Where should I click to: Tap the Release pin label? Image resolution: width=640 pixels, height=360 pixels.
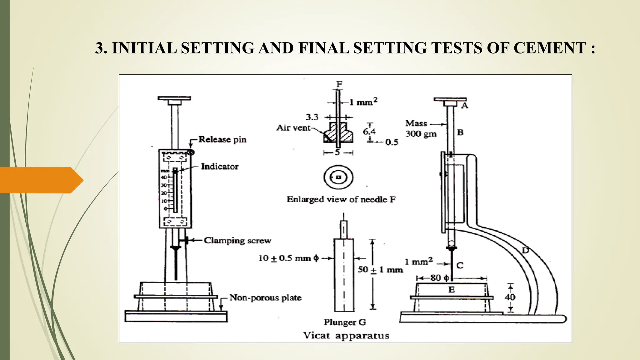222,139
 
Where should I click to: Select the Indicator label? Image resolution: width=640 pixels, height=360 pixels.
219,167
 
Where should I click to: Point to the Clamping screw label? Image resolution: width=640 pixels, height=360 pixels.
237,240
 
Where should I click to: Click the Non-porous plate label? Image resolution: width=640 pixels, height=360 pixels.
265,297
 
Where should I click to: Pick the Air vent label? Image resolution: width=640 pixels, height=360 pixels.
293,127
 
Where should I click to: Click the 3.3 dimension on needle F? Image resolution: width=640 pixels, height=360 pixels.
312,117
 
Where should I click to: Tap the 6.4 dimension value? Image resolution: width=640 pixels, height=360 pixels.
369,131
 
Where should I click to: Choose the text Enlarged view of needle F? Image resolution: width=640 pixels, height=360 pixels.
341,199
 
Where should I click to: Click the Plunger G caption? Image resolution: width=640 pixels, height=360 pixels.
345,322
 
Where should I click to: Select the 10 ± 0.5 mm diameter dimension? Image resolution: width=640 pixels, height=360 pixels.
288,258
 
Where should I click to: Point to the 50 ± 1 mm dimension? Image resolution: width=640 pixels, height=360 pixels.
380,269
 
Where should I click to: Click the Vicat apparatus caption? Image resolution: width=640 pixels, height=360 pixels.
346,336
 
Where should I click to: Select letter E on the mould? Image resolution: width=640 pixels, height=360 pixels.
452,290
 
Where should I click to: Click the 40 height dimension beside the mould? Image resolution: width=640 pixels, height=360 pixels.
510,297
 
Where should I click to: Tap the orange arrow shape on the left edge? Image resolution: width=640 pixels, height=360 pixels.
41,180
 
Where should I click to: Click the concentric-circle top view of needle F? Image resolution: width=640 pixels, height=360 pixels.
338,177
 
